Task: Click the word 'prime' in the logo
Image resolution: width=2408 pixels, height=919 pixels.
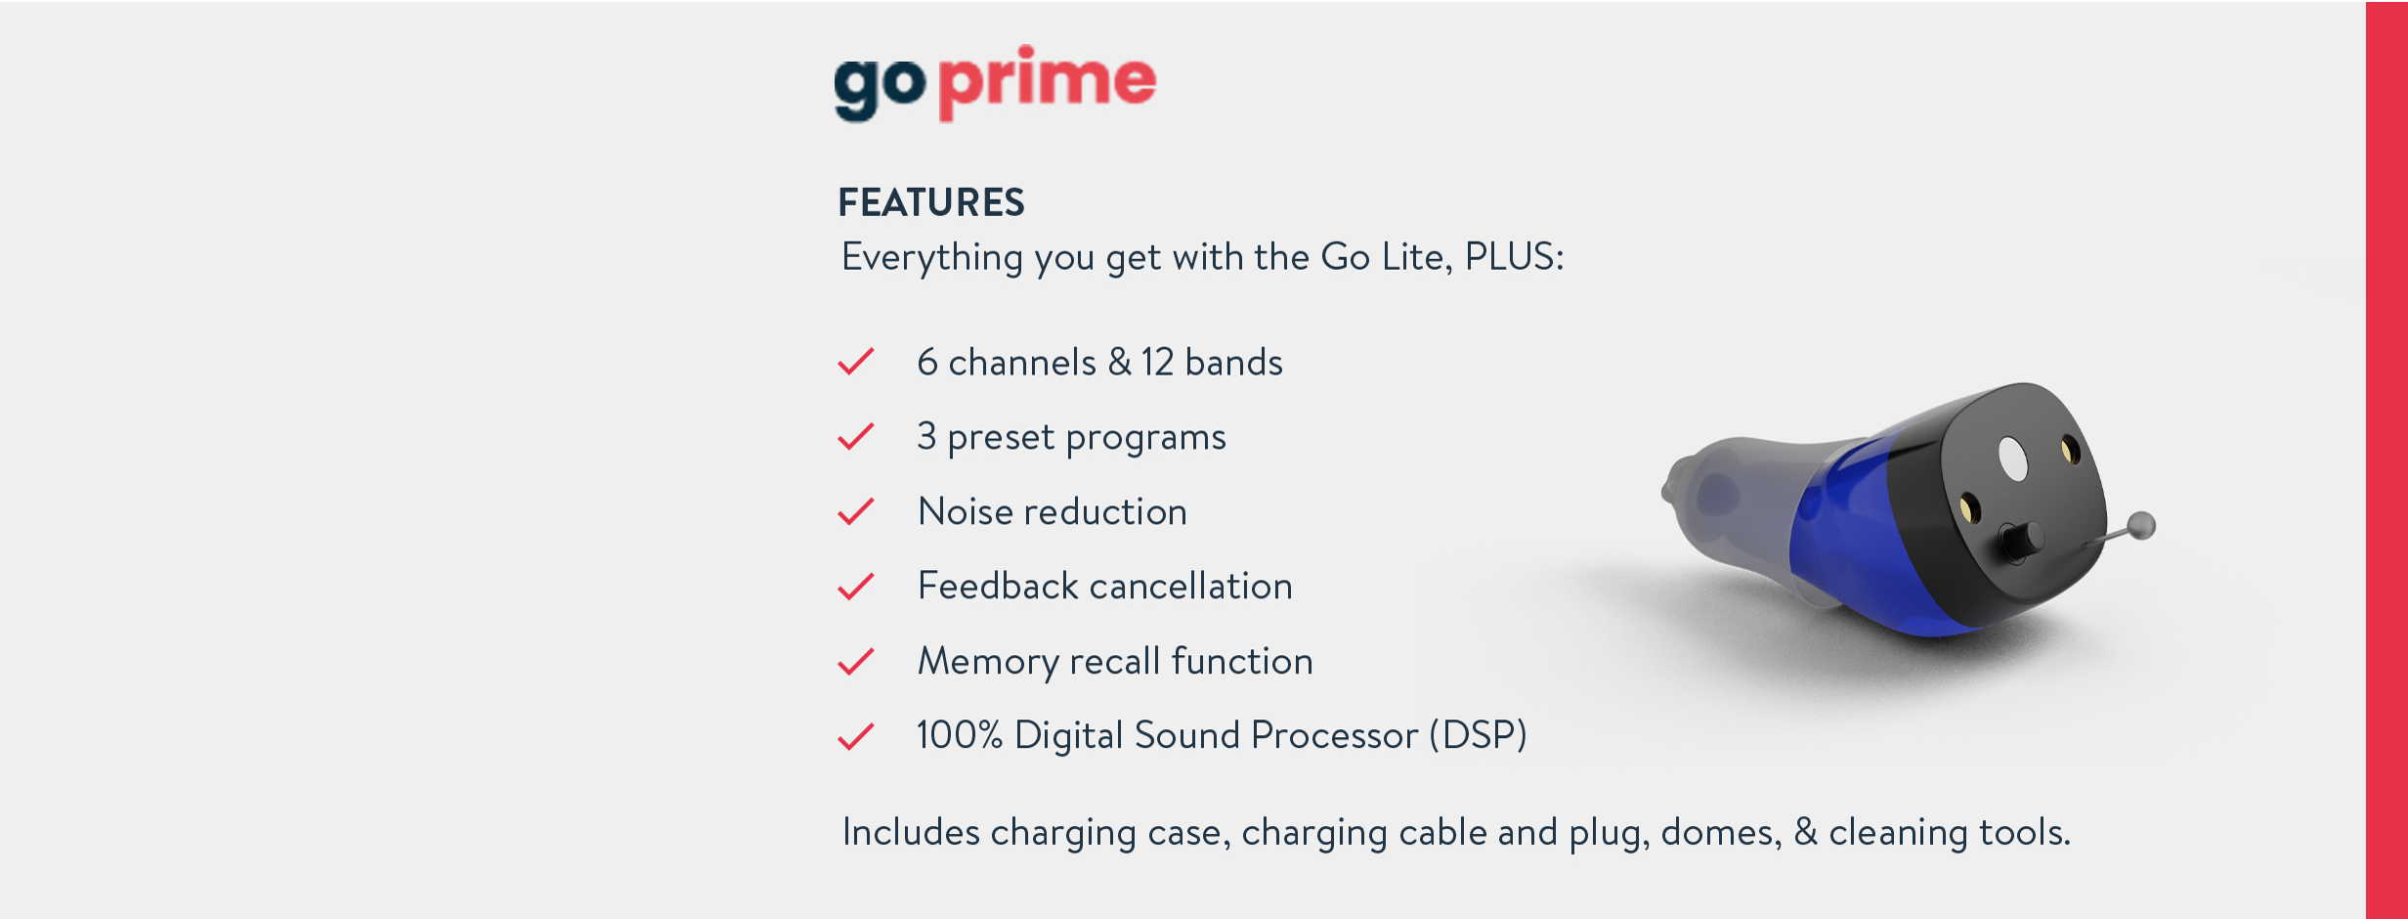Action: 1048,83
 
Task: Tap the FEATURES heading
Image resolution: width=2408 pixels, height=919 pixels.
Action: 931,202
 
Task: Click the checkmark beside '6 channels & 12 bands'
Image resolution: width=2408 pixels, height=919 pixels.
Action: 856,362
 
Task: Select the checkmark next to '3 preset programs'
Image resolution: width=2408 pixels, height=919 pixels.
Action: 856,436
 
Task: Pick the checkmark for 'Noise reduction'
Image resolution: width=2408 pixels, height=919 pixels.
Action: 856,511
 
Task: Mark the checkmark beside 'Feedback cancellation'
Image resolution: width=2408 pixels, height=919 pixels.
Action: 856,586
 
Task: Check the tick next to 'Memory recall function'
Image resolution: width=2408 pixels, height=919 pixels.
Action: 856,661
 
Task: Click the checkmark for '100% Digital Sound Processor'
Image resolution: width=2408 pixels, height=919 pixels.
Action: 856,735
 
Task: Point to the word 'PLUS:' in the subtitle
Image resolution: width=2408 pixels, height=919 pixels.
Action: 1515,256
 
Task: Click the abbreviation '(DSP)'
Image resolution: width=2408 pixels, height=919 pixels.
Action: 1478,735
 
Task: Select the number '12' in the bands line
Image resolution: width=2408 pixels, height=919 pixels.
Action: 1157,363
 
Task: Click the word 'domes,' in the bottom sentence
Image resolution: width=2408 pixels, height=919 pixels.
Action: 1721,832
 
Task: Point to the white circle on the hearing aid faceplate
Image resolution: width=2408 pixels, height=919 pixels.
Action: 2013,459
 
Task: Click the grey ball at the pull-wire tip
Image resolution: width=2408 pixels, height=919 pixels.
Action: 2141,525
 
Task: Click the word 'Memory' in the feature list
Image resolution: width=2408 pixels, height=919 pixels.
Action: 988,662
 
